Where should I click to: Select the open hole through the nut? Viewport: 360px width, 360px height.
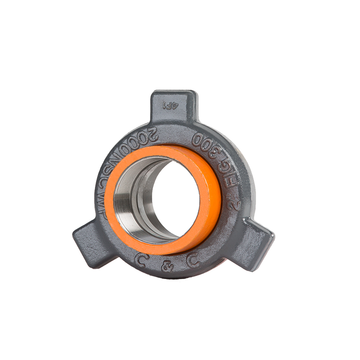(x=173, y=198)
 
